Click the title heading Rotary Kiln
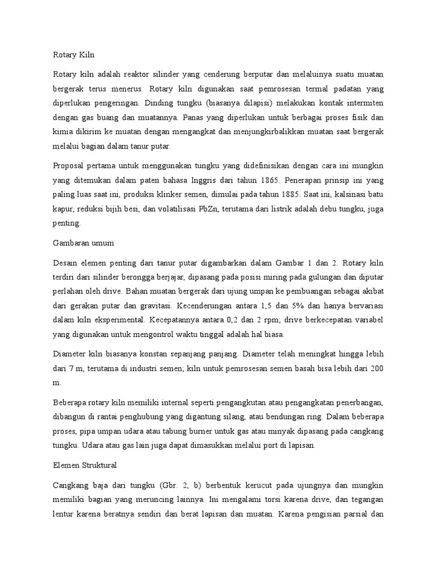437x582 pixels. pyautogui.click(x=73, y=56)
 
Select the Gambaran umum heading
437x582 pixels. pyautogui.click(x=83, y=243)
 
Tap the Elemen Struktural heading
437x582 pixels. pyautogui.click(x=84, y=465)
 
